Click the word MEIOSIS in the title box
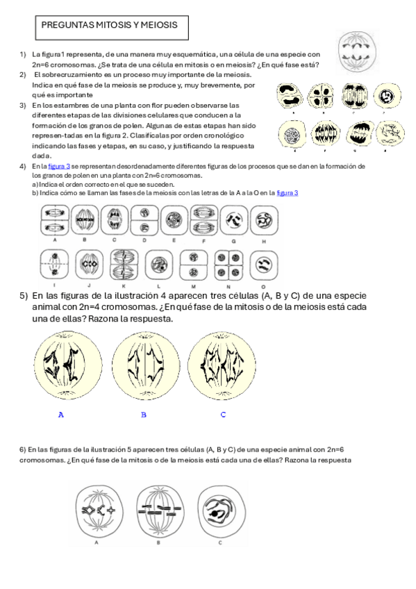click(x=159, y=25)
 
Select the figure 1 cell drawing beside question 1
click(x=362, y=51)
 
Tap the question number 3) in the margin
click(x=23, y=105)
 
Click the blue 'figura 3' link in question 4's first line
click(x=59, y=167)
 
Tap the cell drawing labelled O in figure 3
click(x=263, y=266)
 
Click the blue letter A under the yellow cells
click(x=61, y=415)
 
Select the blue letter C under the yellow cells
click(x=223, y=415)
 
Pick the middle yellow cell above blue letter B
click(x=144, y=365)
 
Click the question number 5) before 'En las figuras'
click(x=24, y=296)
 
